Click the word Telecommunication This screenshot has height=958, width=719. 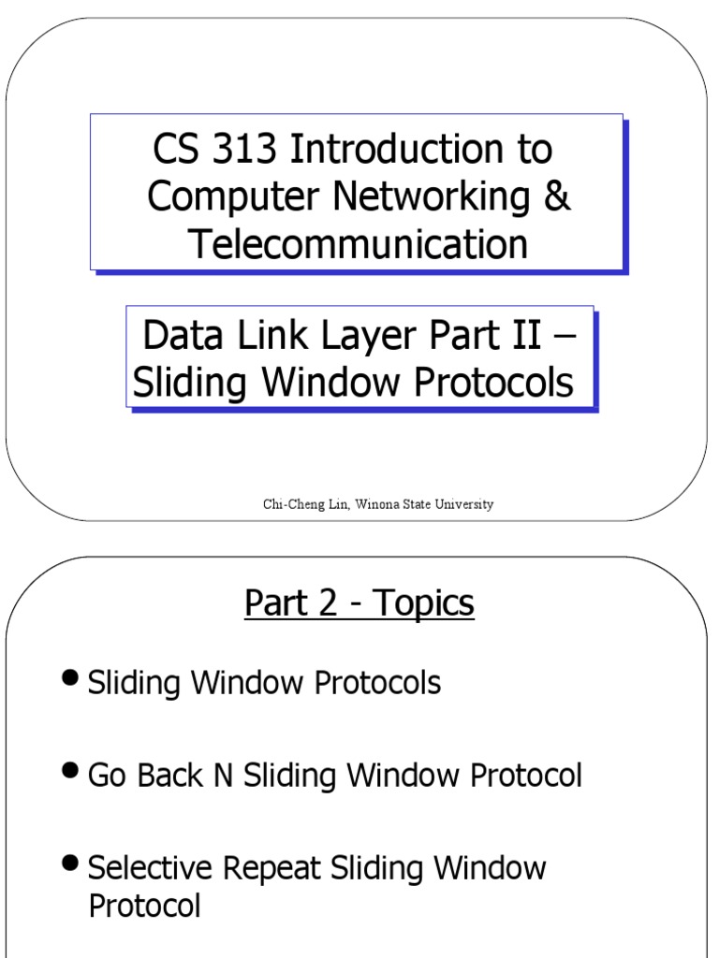358,244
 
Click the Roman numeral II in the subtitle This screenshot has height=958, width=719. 524,336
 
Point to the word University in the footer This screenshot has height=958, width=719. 464,504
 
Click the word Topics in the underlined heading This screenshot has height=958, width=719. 424,603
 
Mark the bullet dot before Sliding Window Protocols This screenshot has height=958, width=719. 70,678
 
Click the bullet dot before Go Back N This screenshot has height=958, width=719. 70,771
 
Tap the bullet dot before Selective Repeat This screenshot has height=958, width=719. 70,864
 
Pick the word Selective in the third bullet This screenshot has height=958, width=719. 149,868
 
